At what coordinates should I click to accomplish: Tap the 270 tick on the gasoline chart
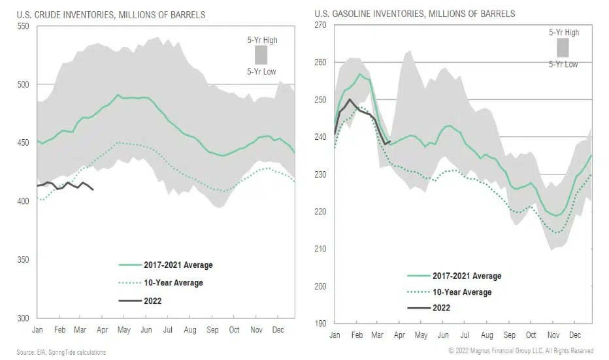click(x=320, y=25)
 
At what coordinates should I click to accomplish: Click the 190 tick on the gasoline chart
click(x=320, y=323)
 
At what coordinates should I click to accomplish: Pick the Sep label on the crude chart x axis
click(x=212, y=331)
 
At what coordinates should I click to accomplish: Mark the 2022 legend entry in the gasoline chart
click(x=440, y=307)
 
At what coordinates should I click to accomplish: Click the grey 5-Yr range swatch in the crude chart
click(x=261, y=55)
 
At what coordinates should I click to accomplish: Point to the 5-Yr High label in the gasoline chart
click(x=563, y=33)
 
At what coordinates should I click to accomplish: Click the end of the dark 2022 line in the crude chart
click(x=93, y=189)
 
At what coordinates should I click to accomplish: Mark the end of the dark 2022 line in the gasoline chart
click(x=390, y=141)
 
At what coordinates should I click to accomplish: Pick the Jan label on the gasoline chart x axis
click(x=335, y=335)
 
